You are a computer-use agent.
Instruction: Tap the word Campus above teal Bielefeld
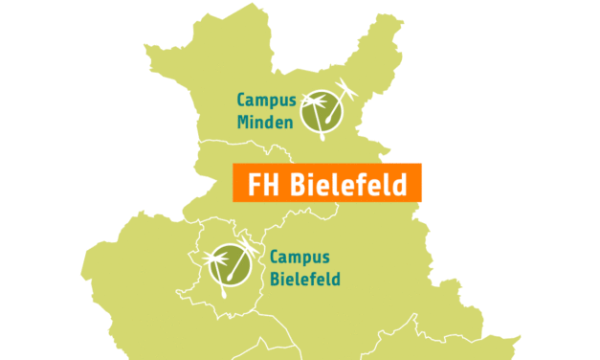(300, 258)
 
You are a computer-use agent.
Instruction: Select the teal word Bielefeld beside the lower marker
(304, 279)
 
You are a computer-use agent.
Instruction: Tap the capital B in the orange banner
(295, 183)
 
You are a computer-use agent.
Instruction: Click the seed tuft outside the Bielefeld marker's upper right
(252, 247)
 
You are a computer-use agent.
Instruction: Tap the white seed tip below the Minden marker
(321, 135)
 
